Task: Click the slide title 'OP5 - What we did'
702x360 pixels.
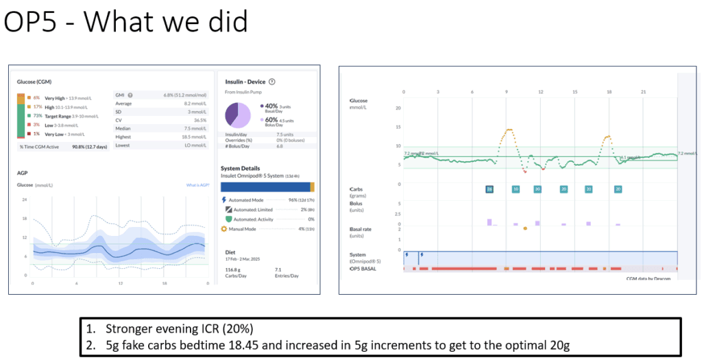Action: click(126, 22)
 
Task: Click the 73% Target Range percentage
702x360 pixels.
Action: click(37, 117)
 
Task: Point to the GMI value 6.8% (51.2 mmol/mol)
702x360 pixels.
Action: click(184, 95)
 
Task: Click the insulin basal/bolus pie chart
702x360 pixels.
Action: click(238, 114)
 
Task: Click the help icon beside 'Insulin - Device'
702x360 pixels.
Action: click(272, 82)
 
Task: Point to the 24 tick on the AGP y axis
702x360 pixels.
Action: click(24, 200)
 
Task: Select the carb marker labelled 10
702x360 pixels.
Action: click(516, 189)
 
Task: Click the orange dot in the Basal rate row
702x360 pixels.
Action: click(524, 228)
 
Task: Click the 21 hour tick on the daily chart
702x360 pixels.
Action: click(643, 91)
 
